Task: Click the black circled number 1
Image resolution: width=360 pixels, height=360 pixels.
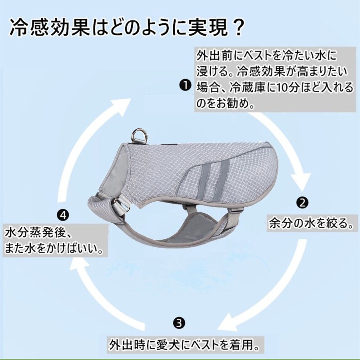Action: pos(185,86)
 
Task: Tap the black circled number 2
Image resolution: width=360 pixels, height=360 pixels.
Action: pos(302,202)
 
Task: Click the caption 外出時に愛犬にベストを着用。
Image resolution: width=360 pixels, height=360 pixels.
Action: pos(185,345)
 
